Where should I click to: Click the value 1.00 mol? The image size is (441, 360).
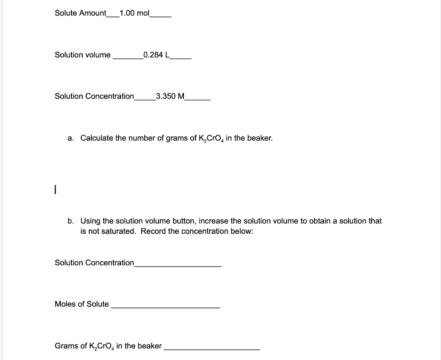point(134,13)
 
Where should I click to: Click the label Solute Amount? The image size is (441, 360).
point(80,13)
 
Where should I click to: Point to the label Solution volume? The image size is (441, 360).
point(83,55)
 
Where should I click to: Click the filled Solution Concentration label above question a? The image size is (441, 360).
point(94,96)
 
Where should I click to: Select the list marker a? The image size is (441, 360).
point(71,138)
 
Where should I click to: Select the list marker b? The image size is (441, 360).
point(71,221)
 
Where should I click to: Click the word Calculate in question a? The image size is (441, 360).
point(96,138)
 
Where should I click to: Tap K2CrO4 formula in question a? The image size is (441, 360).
point(211,139)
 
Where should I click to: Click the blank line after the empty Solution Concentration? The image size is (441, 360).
point(178,266)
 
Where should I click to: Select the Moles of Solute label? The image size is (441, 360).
point(82,304)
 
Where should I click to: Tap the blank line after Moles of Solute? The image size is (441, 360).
point(165,307)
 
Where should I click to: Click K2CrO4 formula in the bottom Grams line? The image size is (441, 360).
point(102,346)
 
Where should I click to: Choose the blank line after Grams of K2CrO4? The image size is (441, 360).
point(212,349)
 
